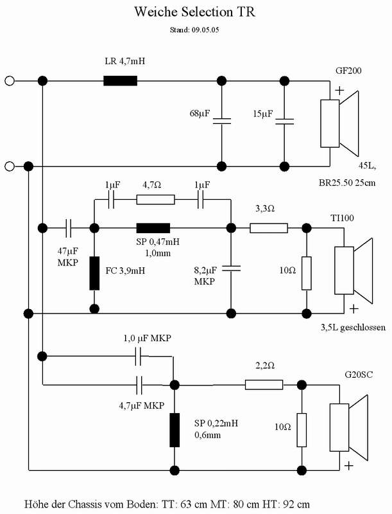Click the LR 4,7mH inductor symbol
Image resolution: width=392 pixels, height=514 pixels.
coord(120,81)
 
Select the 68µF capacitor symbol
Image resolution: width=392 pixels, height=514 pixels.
coord(222,121)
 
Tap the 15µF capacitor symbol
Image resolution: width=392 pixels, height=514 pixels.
coord(284,121)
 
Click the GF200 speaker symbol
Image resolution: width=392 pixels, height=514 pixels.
coord(339,123)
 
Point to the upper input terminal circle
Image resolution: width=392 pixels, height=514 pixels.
coord(10,81)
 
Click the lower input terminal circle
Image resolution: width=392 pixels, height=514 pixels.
coord(10,166)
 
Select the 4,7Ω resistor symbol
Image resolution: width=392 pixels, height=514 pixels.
coord(155,200)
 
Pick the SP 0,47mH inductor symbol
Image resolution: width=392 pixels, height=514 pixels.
coord(153,228)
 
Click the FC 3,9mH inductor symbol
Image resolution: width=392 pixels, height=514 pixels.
coord(94,274)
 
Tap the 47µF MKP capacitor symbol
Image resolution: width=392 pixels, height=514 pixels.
coord(69,228)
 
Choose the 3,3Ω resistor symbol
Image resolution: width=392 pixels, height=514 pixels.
coord(269,228)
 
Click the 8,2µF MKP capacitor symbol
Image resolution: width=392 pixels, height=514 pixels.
coord(231,269)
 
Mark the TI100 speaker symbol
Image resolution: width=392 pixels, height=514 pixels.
coord(354,270)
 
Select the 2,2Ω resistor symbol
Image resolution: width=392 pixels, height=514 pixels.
coord(264,385)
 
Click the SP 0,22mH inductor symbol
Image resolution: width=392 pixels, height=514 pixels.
coord(175,430)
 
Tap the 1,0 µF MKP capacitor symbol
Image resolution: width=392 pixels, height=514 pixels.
coord(139,357)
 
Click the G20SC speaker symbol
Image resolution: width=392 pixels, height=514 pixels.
coord(348,427)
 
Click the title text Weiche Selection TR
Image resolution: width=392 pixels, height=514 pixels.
coord(194,12)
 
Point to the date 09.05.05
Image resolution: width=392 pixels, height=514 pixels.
coord(205,30)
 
